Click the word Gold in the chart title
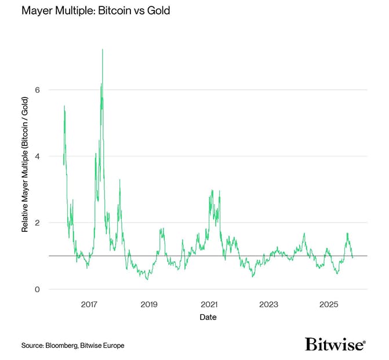[158, 11]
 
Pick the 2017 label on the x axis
[89, 305]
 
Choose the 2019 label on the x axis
[149, 305]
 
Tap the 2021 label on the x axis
[209, 305]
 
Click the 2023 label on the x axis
[268, 305]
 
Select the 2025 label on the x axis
[329, 305]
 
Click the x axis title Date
[209, 317]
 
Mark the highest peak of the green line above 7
[103, 49]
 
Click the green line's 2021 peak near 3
[212, 190]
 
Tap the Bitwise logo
[335, 344]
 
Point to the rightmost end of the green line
[352, 257]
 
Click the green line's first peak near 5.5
[64, 106]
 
